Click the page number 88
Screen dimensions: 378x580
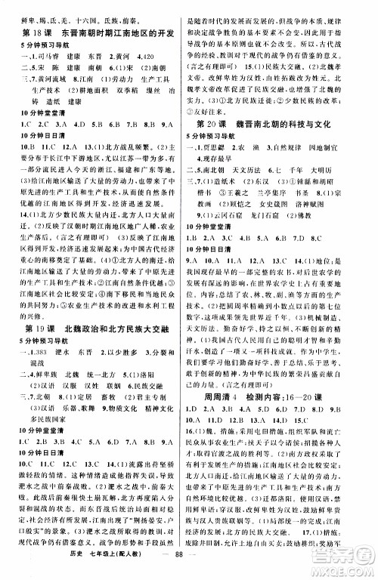click(x=184, y=564)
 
